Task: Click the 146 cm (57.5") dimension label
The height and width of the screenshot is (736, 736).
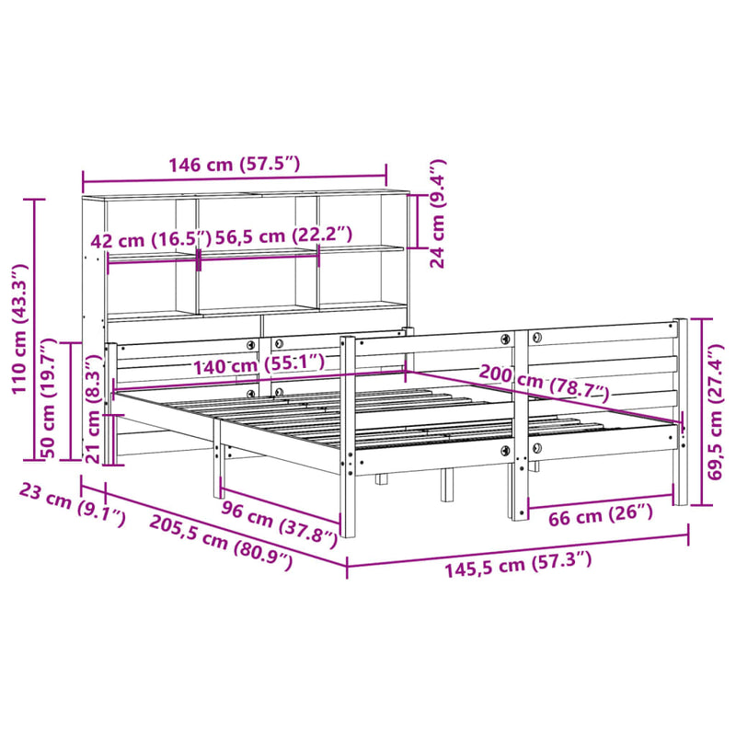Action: point(234,166)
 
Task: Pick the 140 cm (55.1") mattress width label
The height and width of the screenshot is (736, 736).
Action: point(259,365)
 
